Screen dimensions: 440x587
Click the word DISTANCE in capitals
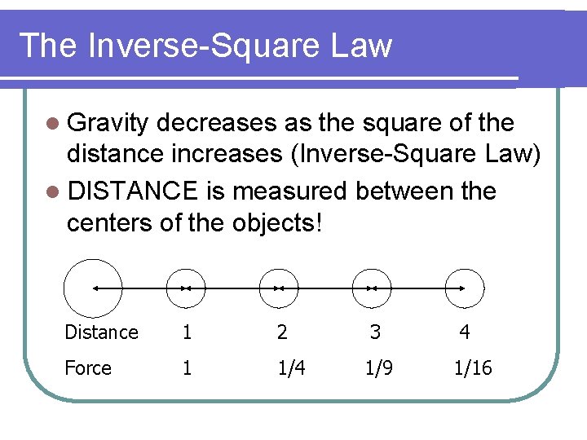pyautogui.click(x=133, y=191)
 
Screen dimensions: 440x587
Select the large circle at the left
pyautogui.click(x=93, y=288)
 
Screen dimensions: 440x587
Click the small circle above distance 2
pyautogui.click(x=279, y=288)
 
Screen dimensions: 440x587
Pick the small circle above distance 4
pyautogui.click(x=465, y=288)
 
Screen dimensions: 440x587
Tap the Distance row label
pyautogui.click(x=101, y=332)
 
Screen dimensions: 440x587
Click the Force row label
pyautogui.click(x=88, y=368)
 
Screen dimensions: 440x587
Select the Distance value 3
pyautogui.click(x=374, y=332)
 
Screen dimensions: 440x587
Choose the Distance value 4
pyautogui.click(x=464, y=332)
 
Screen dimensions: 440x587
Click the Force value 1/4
pyautogui.click(x=292, y=368)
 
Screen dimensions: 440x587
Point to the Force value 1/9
pyautogui.click(x=379, y=368)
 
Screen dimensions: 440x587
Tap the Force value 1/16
pyautogui.click(x=473, y=368)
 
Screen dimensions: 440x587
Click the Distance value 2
pyautogui.click(x=282, y=332)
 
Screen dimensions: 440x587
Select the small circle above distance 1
pyautogui.click(x=186, y=288)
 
